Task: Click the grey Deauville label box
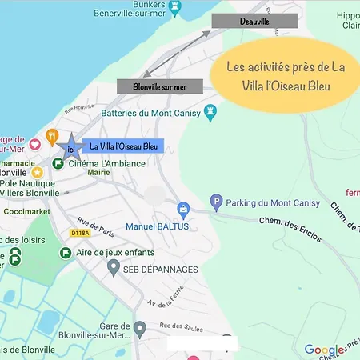[x=254, y=22]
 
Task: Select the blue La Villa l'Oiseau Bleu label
[x=122, y=146]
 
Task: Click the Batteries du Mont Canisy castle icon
[x=211, y=111]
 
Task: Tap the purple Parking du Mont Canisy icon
[x=215, y=203]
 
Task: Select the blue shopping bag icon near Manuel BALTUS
[x=183, y=210]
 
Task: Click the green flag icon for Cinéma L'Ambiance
[x=58, y=163]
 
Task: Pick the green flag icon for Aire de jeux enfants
[x=65, y=253]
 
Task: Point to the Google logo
[x=324, y=350]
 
